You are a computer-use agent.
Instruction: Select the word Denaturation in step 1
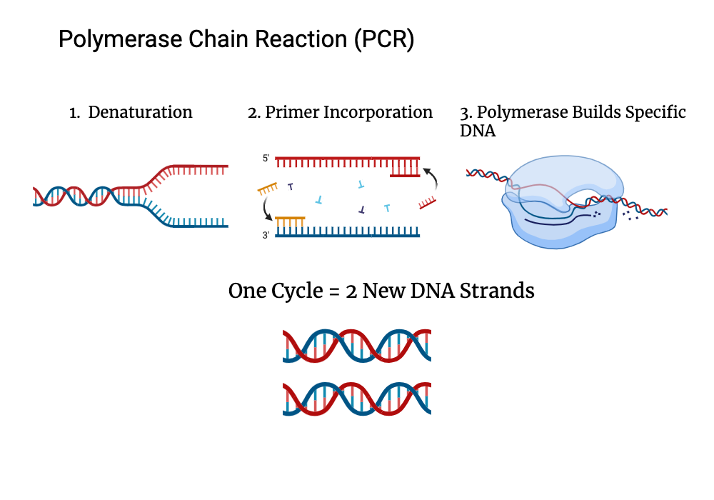tap(140, 113)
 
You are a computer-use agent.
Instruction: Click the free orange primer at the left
tap(268, 188)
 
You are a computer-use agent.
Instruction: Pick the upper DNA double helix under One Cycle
tap(356, 346)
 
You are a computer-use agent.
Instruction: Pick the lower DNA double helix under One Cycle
tap(356, 399)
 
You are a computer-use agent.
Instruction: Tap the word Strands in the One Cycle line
tap(503, 291)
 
